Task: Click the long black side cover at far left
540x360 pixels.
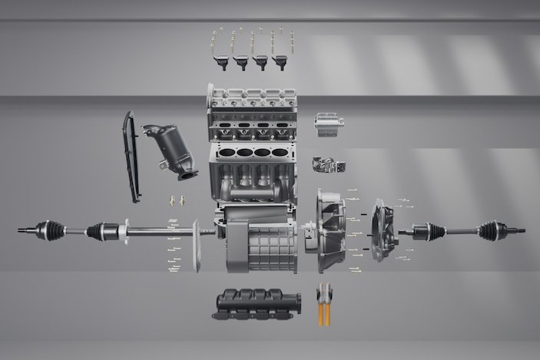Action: click(x=131, y=157)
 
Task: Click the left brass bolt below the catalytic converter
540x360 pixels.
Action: click(x=172, y=200)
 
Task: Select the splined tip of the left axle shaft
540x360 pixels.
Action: click(x=23, y=228)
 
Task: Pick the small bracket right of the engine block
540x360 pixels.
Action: click(x=328, y=166)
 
